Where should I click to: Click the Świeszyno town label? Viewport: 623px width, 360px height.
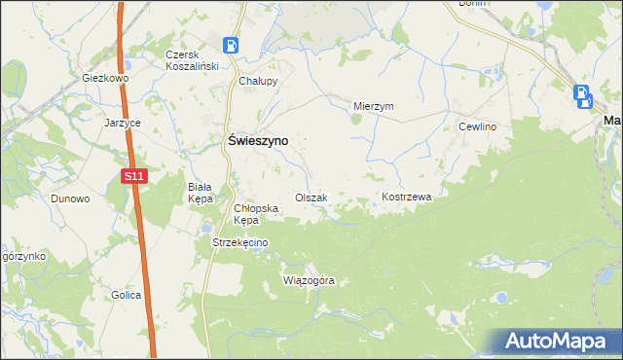(256, 140)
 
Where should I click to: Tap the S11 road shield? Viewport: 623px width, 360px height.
(134, 176)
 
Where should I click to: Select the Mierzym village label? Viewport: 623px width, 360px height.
(373, 107)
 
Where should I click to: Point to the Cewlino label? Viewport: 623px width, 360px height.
(478, 127)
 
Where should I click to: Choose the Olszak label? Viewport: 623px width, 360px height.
(311, 198)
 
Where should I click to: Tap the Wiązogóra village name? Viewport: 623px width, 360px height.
(308, 280)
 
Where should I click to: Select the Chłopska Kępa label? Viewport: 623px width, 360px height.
(257, 213)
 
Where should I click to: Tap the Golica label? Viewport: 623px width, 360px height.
(126, 295)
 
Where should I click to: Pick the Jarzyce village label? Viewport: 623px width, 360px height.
(124, 124)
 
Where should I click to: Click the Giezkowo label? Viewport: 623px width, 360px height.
(106, 78)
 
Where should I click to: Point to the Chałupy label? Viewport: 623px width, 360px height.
(259, 82)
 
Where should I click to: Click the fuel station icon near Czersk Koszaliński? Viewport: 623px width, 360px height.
(232, 46)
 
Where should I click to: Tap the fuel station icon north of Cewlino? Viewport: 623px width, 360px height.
(582, 95)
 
